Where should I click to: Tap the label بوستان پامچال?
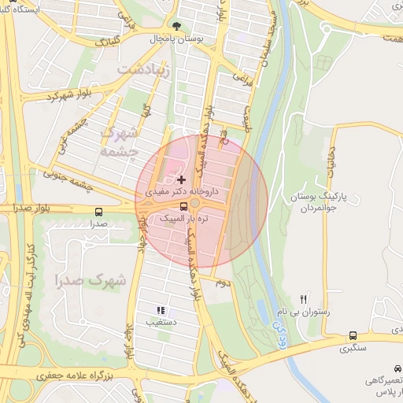click(177, 38)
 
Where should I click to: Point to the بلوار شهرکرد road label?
click(70, 95)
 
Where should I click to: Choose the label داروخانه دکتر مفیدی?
click(187, 191)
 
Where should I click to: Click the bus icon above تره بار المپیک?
click(183, 207)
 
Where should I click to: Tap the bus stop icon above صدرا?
click(98, 213)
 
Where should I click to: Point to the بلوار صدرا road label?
click(26, 208)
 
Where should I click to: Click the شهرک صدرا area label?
click(91, 279)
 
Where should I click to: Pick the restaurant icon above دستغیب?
click(161, 310)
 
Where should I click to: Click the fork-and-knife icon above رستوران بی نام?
click(304, 300)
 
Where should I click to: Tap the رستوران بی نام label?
click(304, 312)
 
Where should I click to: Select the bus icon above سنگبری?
click(352, 336)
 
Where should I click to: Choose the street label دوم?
click(224, 283)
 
